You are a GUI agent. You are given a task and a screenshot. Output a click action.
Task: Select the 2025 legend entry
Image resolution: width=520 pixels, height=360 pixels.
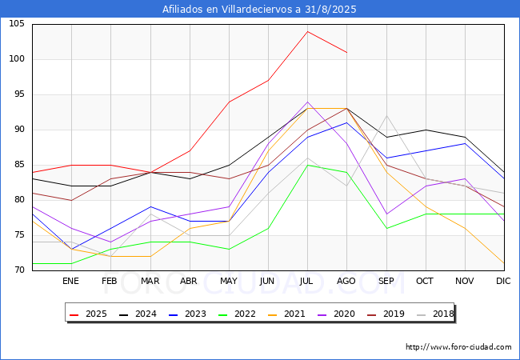tap(88, 314)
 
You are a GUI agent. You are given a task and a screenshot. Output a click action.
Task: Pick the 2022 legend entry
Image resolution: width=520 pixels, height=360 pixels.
tap(237, 314)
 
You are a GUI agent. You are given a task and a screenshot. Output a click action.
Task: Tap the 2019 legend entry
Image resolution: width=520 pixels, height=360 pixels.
tap(386, 314)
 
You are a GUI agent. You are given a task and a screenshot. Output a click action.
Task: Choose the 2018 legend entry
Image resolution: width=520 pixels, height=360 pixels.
tap(435, 314)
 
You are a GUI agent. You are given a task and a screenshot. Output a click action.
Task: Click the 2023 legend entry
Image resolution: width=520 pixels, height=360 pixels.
tap(187, 314)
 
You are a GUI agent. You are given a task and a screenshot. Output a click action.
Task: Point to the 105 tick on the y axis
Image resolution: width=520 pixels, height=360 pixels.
tap(17, 24)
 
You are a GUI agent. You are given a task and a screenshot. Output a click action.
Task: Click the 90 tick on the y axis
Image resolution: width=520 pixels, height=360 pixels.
tap(19, 130)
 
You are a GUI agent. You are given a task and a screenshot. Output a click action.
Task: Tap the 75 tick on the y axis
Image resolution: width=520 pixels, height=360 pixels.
tap(19, 235)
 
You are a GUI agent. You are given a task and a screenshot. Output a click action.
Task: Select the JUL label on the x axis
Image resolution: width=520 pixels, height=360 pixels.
tap(306, 281)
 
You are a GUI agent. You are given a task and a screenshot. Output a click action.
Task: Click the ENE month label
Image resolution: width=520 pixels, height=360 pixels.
tap(70, 281)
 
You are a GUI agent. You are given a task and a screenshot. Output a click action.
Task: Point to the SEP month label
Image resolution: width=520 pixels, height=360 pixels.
tap(386, 281)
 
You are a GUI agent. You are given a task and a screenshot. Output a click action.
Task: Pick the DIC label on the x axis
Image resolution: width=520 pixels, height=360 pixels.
tap(503, 281)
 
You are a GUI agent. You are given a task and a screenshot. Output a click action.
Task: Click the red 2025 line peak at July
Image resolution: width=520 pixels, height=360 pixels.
tap(308, 31)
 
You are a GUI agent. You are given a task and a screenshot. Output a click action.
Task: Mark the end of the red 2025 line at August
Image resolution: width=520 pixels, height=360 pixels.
tap(347, 52)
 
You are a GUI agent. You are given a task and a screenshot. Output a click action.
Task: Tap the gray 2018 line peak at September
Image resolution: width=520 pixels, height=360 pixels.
tap(386, 116)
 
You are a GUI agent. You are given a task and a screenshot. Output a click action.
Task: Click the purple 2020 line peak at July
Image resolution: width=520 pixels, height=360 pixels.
tap(308, 102)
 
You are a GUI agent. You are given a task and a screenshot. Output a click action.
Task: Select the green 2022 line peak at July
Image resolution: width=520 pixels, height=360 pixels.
tap(308, 165)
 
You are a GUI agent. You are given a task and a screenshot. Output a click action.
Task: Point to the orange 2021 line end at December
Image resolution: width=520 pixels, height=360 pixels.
tap(504, 263)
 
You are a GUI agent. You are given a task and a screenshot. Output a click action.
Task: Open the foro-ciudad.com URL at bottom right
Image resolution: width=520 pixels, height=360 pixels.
tap(458, 346)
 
